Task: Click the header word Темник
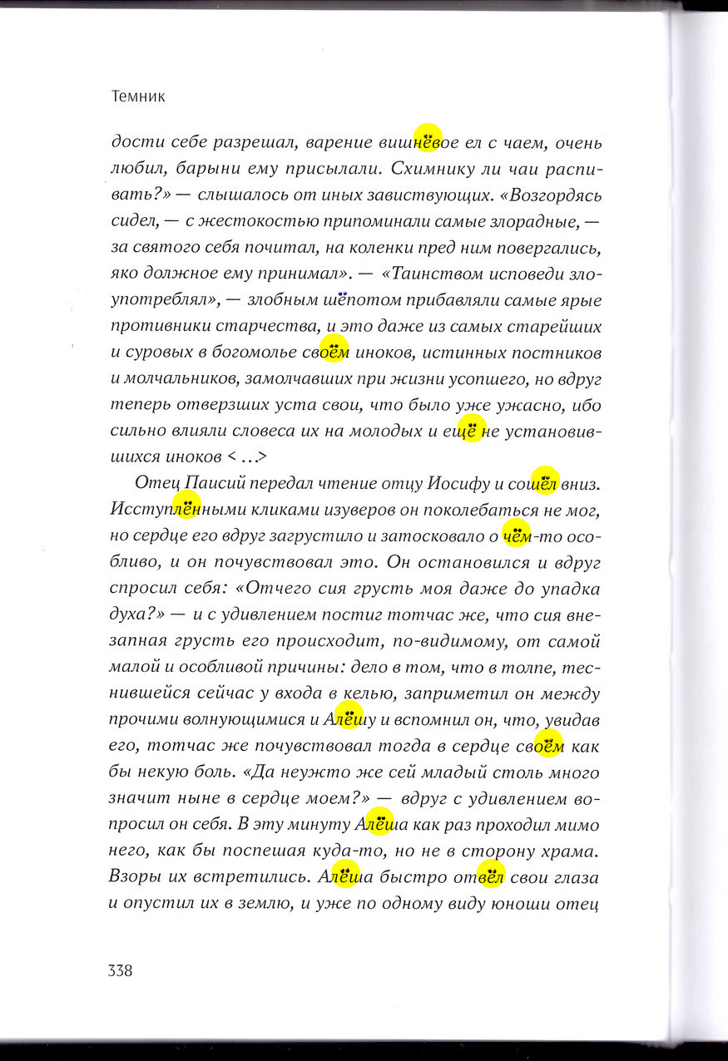pos(138,96)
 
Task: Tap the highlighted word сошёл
pos(533,483)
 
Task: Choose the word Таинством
pos(437,274)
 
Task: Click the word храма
pos(571,851)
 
